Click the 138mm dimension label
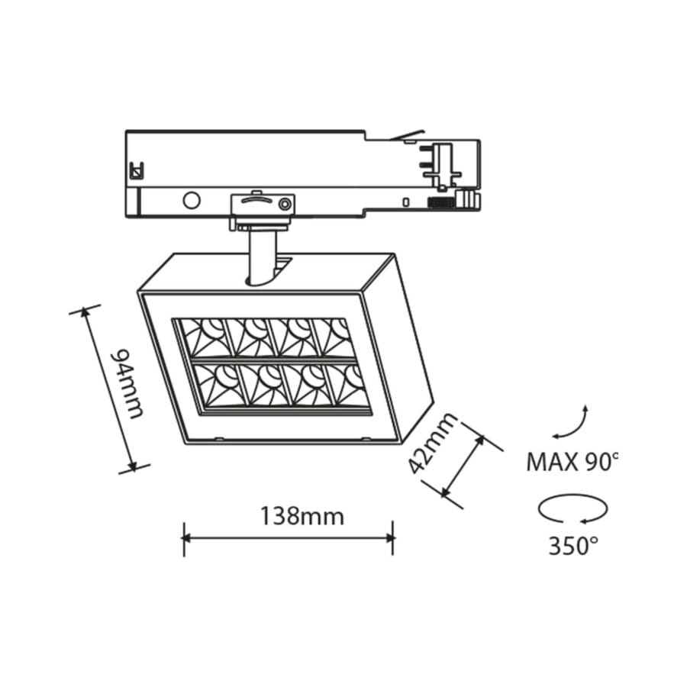[x=302, y=517]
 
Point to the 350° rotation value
[x=573, y=546]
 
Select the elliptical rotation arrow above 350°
[x=572, y=508]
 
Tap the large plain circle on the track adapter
[x=191, y=201]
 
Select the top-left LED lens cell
[x=205, y=337]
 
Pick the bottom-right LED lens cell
[x=347, y=385]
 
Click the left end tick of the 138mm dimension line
[x=184, y=538]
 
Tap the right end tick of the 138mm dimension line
[x=392, y=538]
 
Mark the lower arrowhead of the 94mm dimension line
[x=133, y=465]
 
